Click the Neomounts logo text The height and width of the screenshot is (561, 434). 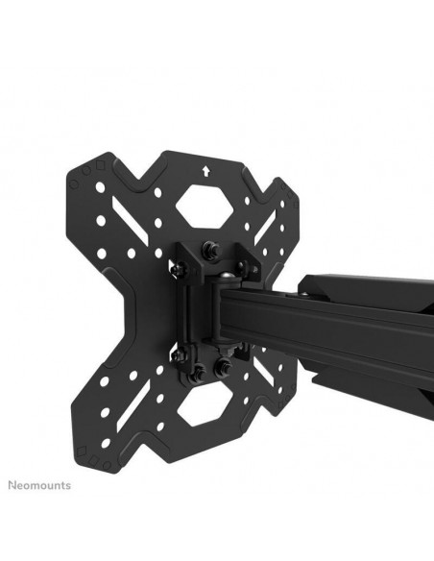(x=39, y=485)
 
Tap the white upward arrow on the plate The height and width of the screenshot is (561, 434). (x=205, y=171)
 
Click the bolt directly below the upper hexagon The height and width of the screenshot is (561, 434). (x=207, y=248)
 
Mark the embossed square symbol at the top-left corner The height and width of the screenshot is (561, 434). (x=101, y=165)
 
